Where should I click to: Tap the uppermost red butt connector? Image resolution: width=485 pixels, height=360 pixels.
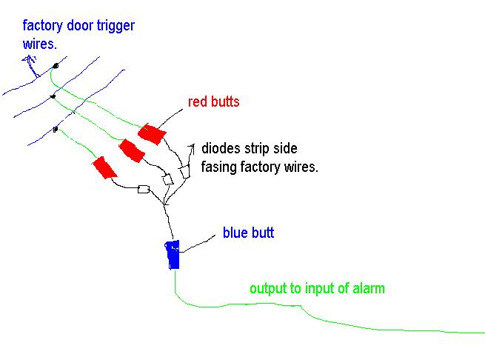coord(151,133)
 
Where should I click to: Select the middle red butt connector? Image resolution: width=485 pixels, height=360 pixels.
coord(131,150)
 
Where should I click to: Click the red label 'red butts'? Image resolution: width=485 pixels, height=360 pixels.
coord(213,102)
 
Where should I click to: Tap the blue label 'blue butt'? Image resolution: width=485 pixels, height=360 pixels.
coord(248,233)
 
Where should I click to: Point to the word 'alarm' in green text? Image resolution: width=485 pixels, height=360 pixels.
coord(367,288)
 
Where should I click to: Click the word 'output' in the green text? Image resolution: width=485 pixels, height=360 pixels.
coord(267,288)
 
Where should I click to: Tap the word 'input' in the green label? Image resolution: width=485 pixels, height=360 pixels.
coord(317,288)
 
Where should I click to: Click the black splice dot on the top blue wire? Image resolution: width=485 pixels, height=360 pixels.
coord(56,65)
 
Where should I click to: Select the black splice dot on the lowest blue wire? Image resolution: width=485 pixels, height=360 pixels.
coord(56,130)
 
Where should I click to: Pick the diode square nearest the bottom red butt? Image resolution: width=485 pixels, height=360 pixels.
coord(144,190)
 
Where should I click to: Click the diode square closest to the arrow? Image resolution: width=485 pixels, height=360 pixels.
coord(185,171)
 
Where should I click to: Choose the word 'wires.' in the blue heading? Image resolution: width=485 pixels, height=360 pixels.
coord(39,44)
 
